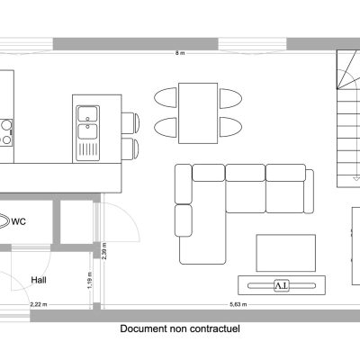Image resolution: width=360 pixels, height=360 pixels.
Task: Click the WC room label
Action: coord(19,221)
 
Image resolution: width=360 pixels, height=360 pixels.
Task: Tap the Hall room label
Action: coord(39,280)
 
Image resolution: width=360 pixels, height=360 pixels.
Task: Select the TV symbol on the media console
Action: coord(282,285)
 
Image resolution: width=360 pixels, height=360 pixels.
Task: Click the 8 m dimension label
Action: coord(180,53)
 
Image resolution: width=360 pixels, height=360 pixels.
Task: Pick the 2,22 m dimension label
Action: coord(39,304)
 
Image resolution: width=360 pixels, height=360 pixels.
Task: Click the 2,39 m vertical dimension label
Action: coord(104,251)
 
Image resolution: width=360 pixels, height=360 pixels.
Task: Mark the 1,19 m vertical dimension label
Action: coord(90,281)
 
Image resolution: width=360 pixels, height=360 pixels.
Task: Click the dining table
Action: coord(198,113)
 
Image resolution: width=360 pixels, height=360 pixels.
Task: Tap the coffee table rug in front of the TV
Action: coord(286,253)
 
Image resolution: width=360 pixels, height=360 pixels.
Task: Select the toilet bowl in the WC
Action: coord(4,221)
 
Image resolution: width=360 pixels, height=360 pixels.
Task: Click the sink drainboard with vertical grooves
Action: coord(87,150)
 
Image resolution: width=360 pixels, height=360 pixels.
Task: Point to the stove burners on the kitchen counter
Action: coord(6,132)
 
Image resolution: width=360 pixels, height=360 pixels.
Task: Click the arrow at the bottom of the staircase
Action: coord(356,178)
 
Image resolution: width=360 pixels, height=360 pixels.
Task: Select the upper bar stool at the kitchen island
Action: coord(130,122)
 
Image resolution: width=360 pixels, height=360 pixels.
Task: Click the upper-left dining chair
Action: coord(166,97)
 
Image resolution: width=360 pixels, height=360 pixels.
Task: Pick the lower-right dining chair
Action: coord(230,127)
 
